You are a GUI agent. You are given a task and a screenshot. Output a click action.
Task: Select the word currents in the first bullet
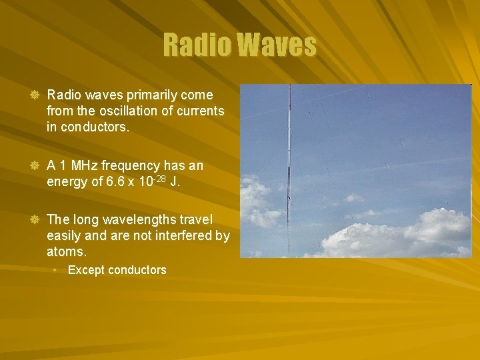[x=198, y=111]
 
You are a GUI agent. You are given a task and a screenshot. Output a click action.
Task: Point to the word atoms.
[x=67, y=251]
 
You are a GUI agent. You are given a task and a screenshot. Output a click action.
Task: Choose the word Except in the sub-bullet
[x=86, y=270]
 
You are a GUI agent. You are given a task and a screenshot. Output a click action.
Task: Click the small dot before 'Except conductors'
[x=57, y=270]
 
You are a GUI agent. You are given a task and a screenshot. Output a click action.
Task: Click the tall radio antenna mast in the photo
[x=289, y=173]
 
